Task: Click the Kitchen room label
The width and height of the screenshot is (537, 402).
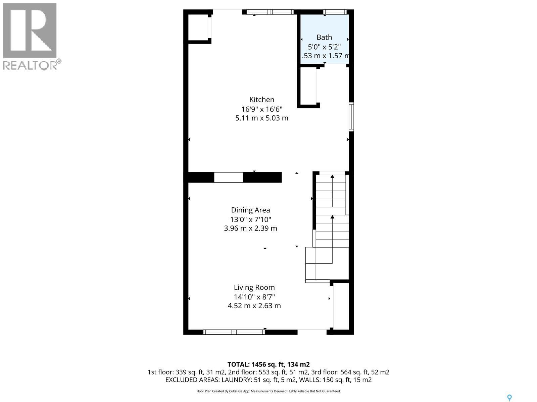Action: [x=261, y=99]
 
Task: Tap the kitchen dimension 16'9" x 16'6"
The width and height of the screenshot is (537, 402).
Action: [x=261, y=109]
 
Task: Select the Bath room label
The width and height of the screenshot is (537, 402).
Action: [x=324, y=37]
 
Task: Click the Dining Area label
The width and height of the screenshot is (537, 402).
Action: [x=250, y=210]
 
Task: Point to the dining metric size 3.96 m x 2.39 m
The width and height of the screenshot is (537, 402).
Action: [x=250, y=228]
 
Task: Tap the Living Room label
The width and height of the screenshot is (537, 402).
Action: [x=254, y=287]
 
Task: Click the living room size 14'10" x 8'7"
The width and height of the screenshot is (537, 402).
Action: [x=254, y=297]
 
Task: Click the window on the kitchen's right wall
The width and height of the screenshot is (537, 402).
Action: [x=351, y=117]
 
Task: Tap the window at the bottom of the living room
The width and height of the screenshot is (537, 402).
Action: [x=234, y=332]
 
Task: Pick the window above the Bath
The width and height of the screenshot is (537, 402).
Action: [x=335, y=12]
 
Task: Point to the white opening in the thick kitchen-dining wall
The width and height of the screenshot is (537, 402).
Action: [x=228, y=177]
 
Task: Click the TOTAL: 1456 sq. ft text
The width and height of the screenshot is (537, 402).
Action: [x=268, y=364]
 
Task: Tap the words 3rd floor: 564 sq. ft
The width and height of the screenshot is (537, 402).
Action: [x=356, y=372]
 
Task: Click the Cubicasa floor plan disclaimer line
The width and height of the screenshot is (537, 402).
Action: [x=268, y=391]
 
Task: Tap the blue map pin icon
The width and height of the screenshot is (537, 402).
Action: [x=509, y=398]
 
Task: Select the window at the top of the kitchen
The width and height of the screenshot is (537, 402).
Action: [x=270, y=12]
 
